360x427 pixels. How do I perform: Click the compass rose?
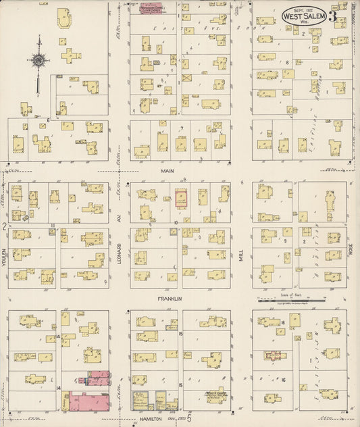[x=39, y=60]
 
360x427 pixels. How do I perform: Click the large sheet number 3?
[x=333, y=17]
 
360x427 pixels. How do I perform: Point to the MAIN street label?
[x=167, y=172]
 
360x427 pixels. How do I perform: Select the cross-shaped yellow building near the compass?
[x=70, y=55]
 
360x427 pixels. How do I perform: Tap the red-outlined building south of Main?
[x=182, y=198]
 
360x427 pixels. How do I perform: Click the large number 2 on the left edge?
[x=4, y=226]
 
